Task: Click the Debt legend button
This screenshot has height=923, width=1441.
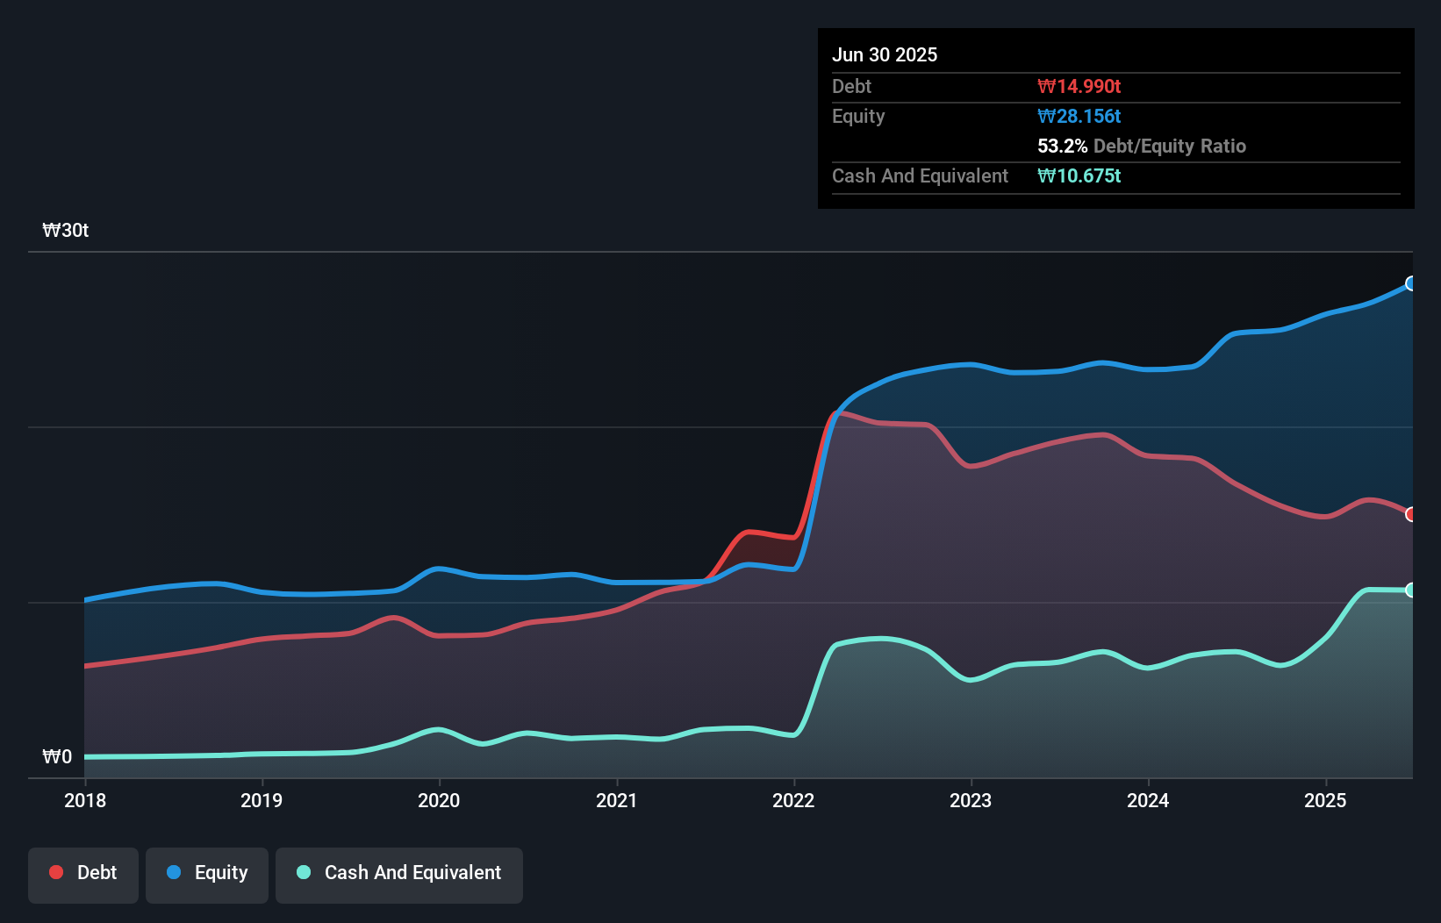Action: [x=83, y=873]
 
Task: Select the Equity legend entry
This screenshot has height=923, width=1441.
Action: [x=207, y=873]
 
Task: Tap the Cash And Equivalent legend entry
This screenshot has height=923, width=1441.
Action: [x=399, y=873]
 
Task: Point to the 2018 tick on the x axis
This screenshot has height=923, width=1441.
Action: [x=85, y=800]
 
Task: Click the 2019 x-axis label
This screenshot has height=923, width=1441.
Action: [x=262, y=800]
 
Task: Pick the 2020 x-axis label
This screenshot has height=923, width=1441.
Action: [x=439, y=800]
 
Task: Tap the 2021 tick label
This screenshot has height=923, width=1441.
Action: [x=616, y=800]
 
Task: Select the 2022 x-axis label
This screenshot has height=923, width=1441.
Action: [x=793, y=800]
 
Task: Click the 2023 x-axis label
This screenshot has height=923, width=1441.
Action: [x=971, y=800]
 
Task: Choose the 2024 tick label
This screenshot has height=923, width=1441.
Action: [x=1148, y=800]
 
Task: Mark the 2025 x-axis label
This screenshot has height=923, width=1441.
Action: [x=1325, y=800]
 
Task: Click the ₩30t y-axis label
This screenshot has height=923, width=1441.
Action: [x=66, y=231]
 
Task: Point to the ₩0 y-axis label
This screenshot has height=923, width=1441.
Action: [x=57, y=757]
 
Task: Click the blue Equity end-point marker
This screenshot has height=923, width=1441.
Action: [x=1411, y=283]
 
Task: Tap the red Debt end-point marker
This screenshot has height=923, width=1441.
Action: [x=1411, y=514]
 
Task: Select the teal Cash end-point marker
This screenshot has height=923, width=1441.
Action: [x=1411, y=590]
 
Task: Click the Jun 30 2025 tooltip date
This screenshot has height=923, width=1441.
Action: [x=885, y=54]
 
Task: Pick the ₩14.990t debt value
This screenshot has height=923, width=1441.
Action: [x=1079, y=86]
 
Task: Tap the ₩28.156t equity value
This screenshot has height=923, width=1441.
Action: [x=1079, y=116]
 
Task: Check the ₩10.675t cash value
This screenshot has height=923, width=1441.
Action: [x=1079, y=175]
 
